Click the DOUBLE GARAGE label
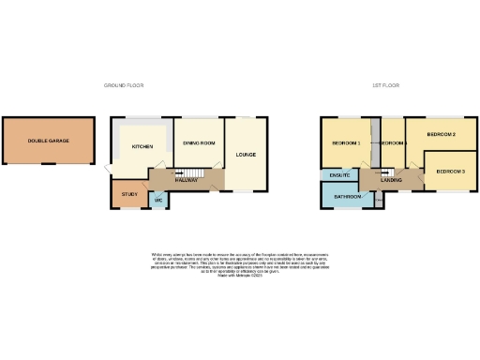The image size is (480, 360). coord(47,141)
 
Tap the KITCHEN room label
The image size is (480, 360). coord(142,147)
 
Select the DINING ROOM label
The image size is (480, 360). coord(200,142)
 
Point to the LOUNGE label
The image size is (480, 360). coord(247,154)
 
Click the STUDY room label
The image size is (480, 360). coord(127,194)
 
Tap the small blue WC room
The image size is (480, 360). coord(158,200)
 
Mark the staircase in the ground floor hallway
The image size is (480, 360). coord(192,173)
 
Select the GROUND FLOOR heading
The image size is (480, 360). coord(125,85)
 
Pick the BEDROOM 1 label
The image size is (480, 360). coord(346,143)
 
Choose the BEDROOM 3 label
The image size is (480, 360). coord(450,172)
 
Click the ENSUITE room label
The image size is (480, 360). coord(339,175)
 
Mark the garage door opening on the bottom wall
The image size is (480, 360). coord(47,166)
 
